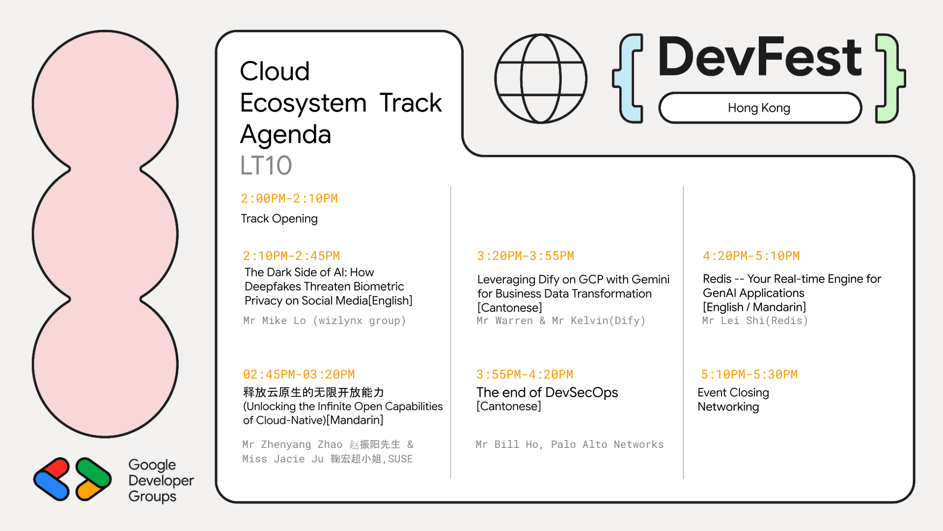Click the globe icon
point(541,79)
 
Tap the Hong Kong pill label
point(760,108)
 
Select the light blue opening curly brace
point(628,78)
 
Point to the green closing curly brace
point(890,78)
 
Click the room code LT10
point(266,166)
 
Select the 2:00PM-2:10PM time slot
point(289,199)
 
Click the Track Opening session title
point(279,218)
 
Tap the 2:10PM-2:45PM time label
point(291,256)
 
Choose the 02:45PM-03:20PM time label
point(299,375)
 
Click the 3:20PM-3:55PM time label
point(526,256)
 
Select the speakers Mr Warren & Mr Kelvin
point(561,321)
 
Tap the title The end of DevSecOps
point(547,392)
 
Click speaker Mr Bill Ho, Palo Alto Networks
point(570,444)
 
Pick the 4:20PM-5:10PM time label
point(751,256)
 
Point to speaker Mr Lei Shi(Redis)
point(755,321)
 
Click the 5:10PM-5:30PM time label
point(749,375)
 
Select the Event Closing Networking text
point(733,400)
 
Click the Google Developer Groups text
point(161,480)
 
